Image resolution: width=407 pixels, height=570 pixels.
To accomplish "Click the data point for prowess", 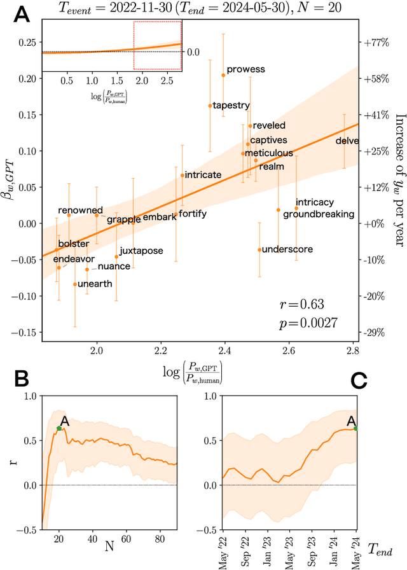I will [223, 75].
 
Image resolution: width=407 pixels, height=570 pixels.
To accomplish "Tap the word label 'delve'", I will [347, 141].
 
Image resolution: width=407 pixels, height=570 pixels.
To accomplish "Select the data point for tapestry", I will [210, 106].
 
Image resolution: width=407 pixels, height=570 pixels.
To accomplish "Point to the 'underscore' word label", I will [287, 249].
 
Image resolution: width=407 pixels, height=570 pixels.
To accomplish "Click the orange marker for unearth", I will [75, 284].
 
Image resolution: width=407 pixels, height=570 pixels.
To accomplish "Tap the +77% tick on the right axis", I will [375, 43].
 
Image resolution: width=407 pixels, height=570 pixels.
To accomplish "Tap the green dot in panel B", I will [59, 429].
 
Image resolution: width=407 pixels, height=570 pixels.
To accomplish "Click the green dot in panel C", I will [355, 429].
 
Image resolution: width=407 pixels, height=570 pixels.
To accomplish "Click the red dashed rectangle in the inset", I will [157, 45].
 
